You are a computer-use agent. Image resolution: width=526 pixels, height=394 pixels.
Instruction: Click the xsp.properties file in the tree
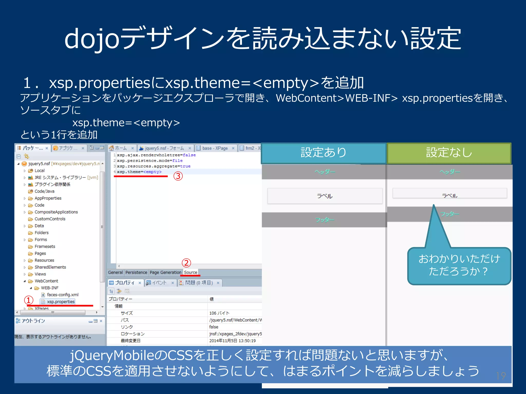click(x=61, y=302)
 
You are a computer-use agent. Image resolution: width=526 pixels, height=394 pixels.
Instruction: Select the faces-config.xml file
click(x=62, y=295)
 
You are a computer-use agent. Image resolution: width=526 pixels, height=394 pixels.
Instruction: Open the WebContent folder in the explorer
click(x=46, y=281)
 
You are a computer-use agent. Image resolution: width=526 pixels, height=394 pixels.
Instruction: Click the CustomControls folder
click(x=50, y=219)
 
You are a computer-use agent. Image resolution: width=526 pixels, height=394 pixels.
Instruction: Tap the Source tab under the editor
click(x=191, y=272)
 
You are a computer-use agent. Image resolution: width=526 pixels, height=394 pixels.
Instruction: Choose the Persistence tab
click(x=136, y=272)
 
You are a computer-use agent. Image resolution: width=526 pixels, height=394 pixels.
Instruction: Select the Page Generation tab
click(x=165, y=272)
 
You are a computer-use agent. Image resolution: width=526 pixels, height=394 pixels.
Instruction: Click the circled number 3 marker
click(x=178, y=176)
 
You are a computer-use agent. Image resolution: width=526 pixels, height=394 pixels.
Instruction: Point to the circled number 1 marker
click(x=29, y=300)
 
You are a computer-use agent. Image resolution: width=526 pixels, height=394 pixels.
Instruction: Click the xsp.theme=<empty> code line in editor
click(x=139, y=172)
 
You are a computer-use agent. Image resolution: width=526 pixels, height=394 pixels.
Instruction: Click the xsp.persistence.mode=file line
click(x=149, y=161)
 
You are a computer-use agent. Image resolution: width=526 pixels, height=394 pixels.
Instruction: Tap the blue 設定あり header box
click(x=324, y=153)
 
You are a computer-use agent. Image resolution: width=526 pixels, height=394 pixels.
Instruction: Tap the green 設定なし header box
click(x=449, y=153)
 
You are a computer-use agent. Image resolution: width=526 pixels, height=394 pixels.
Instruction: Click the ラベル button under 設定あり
click(x=325, y=196)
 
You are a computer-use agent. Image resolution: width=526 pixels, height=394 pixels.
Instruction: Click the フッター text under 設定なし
click(x=449, y=214)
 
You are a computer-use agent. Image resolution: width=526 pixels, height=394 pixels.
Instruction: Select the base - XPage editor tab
click(x=215, y=148)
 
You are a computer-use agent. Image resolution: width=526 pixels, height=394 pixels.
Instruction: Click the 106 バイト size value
click(x=219, y=313)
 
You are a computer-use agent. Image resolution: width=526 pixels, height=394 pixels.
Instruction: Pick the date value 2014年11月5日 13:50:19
click(x=232, y=341)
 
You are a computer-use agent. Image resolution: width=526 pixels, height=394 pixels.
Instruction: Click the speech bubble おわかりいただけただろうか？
click(x=459, y=265)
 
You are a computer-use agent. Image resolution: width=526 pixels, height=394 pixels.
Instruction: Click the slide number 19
click(x=501, y=376)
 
